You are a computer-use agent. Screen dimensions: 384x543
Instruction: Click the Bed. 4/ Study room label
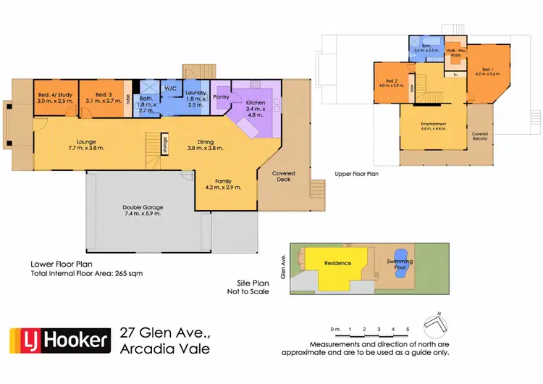point(54,99)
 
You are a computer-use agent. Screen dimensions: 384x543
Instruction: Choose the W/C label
point(171,88)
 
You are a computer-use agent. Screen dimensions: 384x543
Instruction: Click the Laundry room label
point(195,98)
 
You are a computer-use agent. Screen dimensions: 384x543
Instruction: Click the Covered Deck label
point(284,175)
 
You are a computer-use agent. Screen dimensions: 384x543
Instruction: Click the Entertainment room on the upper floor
point(434,127)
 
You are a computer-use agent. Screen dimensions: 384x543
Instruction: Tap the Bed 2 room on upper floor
point(392,83)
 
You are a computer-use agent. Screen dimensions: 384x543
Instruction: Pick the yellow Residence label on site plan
point(337,263)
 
